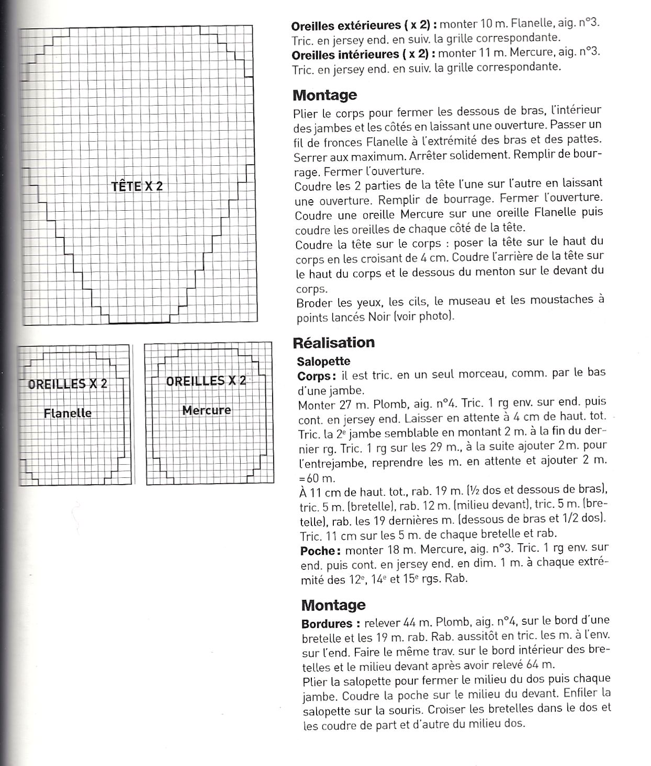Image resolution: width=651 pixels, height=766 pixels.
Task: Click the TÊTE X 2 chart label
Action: pos(137,186)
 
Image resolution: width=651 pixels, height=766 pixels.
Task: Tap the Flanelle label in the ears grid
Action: pos(68,413)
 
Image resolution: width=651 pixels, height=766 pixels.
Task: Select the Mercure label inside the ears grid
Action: pos(206,410)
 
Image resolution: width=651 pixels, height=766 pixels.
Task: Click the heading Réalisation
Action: pos(334,342)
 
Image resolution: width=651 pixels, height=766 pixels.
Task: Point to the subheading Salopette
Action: pos(323,361)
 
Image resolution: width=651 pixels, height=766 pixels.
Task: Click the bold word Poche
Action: pos(320,550)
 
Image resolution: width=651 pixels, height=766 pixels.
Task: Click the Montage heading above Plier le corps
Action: pos(324,95)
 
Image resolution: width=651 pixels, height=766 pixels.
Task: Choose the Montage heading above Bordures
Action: pos(333,605)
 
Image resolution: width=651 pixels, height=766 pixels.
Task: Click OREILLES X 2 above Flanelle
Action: pos(68,384)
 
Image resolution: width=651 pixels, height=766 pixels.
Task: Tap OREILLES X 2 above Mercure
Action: pos(206,381)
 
